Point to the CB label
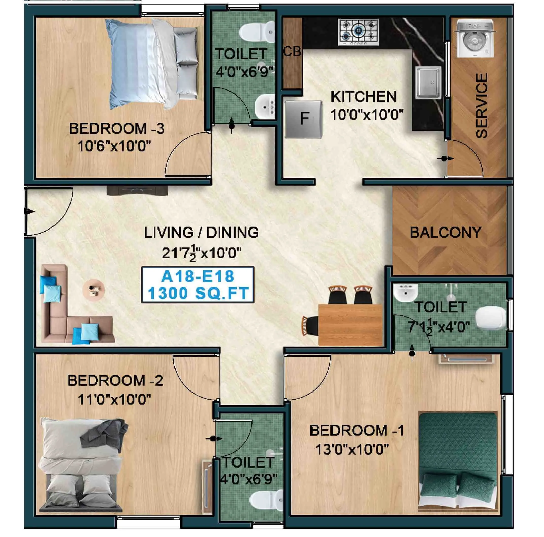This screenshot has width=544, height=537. [292, 52]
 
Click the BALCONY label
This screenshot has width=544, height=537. [445, 233]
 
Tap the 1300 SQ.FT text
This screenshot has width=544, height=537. [198, 293]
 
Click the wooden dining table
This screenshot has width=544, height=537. [350, 324]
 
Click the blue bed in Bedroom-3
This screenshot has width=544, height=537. [152, 63]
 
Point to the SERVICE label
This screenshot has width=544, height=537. [482, 106]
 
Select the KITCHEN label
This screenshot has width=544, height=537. [363, 97]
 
